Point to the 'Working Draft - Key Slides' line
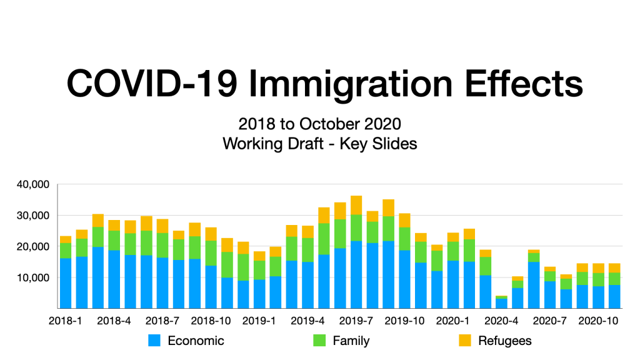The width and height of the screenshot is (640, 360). pos(319,143)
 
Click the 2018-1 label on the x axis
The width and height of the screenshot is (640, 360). pos(66,321)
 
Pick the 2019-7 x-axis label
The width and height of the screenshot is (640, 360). pos(356,321)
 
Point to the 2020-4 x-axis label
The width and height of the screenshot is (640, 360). pos(501,321)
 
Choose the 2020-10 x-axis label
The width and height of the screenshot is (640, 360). pos(598,321)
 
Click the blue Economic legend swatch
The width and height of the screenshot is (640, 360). pos(154,341)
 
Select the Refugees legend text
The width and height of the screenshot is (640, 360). pos(505,341)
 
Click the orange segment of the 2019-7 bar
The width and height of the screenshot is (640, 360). pos(356,205)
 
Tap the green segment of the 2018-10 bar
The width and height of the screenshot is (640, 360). pos(211,253)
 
